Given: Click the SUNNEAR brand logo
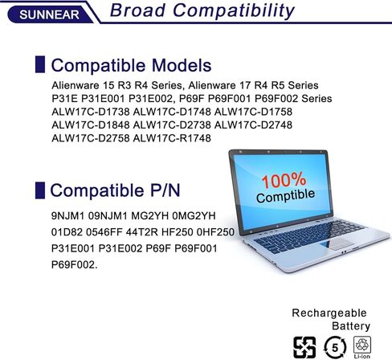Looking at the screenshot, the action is tap(50, 14).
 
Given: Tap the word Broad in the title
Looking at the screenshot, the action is tap(137, 10).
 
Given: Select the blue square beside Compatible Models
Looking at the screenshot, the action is tap(40, 64).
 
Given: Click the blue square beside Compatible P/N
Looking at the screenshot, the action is tap(40, 190).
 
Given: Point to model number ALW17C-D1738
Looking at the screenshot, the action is tap(91, 112).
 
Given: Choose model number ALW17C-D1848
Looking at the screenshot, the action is tap(91, 125).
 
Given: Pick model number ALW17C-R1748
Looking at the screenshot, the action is tap(172, 138).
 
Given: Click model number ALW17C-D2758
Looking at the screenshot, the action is tap(91, 138).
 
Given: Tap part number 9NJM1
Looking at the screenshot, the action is tap(67, 215).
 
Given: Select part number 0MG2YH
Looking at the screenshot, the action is tap(194, 215).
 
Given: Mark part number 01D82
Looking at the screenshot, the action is tap(67, 232).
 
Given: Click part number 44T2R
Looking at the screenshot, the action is tap(142, 232).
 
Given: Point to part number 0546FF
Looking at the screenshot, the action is tap(104, 232).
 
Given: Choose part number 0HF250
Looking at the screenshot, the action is tap(215, 232).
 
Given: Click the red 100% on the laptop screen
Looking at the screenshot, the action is tap(284, 180).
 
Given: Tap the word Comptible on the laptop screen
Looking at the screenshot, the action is tap(285, 196).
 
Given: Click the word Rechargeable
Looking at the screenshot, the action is tap(329, 313).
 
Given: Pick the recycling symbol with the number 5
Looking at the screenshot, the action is tap(335, 347).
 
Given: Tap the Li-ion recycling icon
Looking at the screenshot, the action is tap(362, 347).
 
